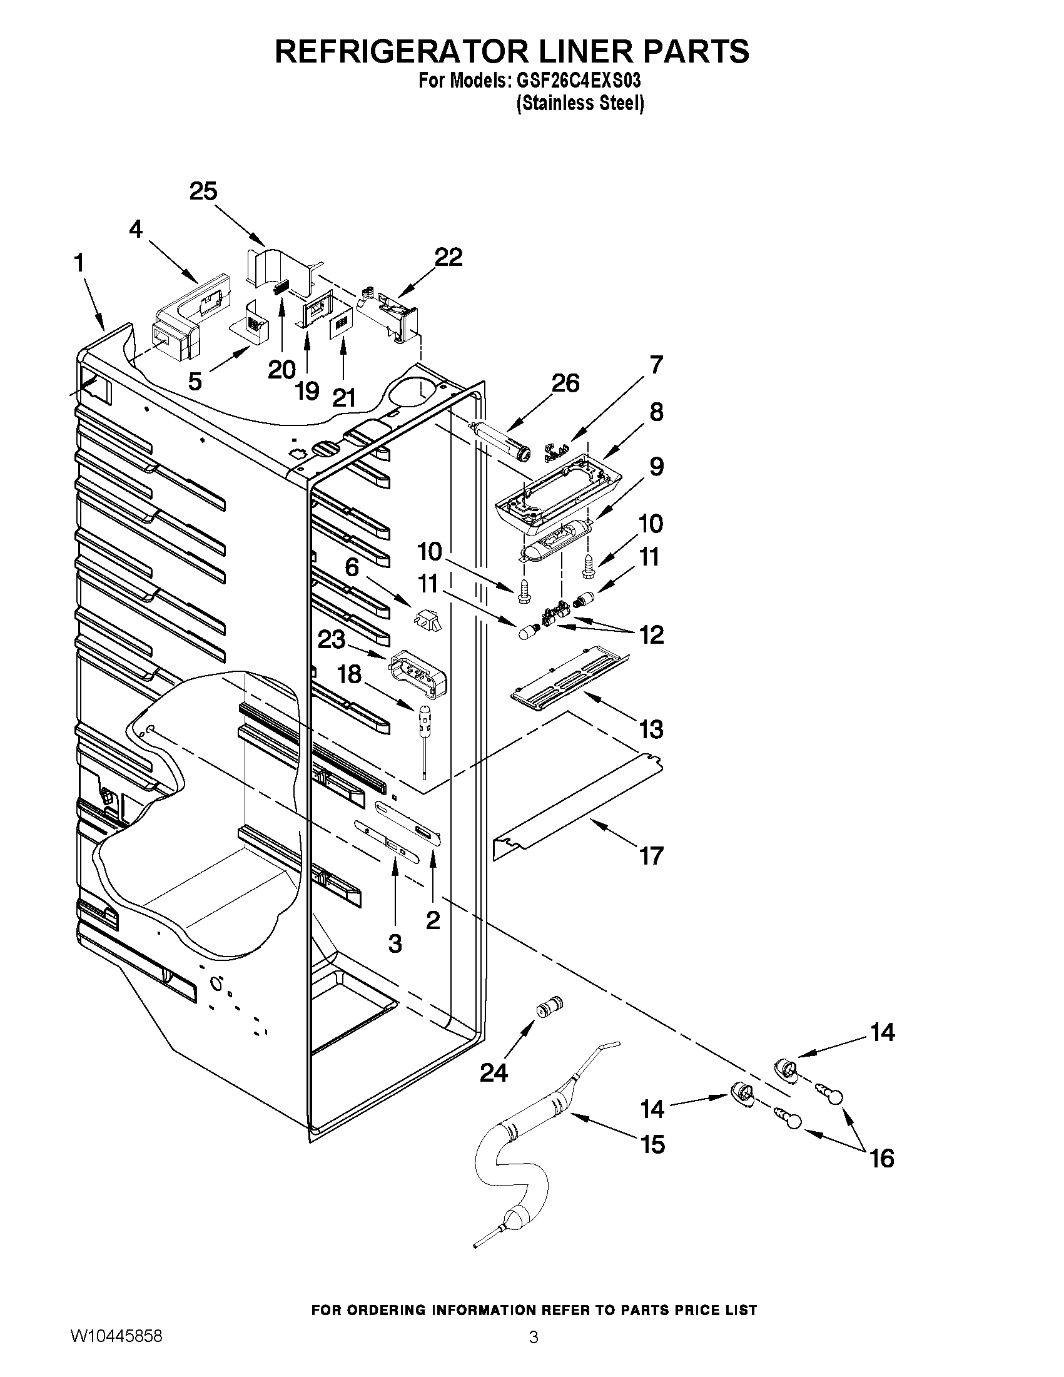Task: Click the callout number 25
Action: [x=203, y=191]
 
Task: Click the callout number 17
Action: [x=651, y=856]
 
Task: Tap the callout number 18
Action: [x=349, y=674]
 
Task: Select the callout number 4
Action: [x=136, y=230]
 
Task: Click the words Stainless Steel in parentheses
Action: [x=580, y=103]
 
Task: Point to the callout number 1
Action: [x=79, y=263]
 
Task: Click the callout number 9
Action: [x=656, y=467]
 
